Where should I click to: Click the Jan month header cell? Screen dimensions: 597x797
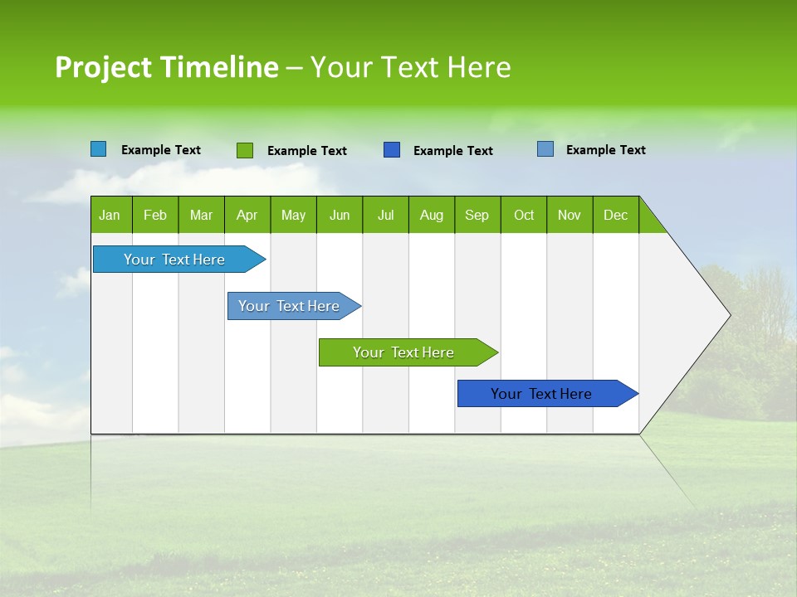(110, 215)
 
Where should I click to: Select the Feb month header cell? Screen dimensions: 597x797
(155, 215)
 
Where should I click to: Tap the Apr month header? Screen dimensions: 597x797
(247, 215)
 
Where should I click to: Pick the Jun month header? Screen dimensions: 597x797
(340, 215)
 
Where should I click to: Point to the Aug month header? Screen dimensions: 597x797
(431, 215)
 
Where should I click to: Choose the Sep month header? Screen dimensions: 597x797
(477, 215)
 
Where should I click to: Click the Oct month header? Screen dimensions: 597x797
(524, 215)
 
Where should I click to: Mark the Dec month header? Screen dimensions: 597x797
(615, 215)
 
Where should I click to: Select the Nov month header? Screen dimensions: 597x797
(570, 215)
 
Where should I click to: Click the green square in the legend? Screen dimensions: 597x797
(244, 150)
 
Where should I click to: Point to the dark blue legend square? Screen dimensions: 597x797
(392, 150)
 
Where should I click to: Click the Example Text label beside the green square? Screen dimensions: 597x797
(307, 151)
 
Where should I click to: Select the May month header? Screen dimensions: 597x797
(293, 215)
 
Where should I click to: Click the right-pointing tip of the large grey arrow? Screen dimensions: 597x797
(727, 315)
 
